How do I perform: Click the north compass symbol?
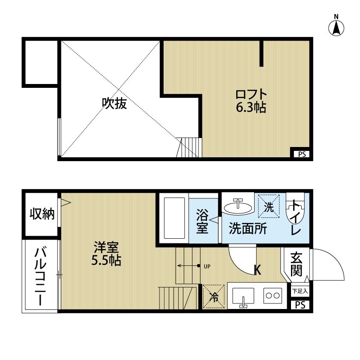[336, 27]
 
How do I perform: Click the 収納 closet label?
[42, 214]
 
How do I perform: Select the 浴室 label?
[202, 221]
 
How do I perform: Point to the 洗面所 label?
[248, 228]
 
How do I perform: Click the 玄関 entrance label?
[296, 264]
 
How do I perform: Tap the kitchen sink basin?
[243, 296]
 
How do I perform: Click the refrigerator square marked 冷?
[213, 296]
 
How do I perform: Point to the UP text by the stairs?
[207, 266]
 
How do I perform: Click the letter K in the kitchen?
[258, 270]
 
